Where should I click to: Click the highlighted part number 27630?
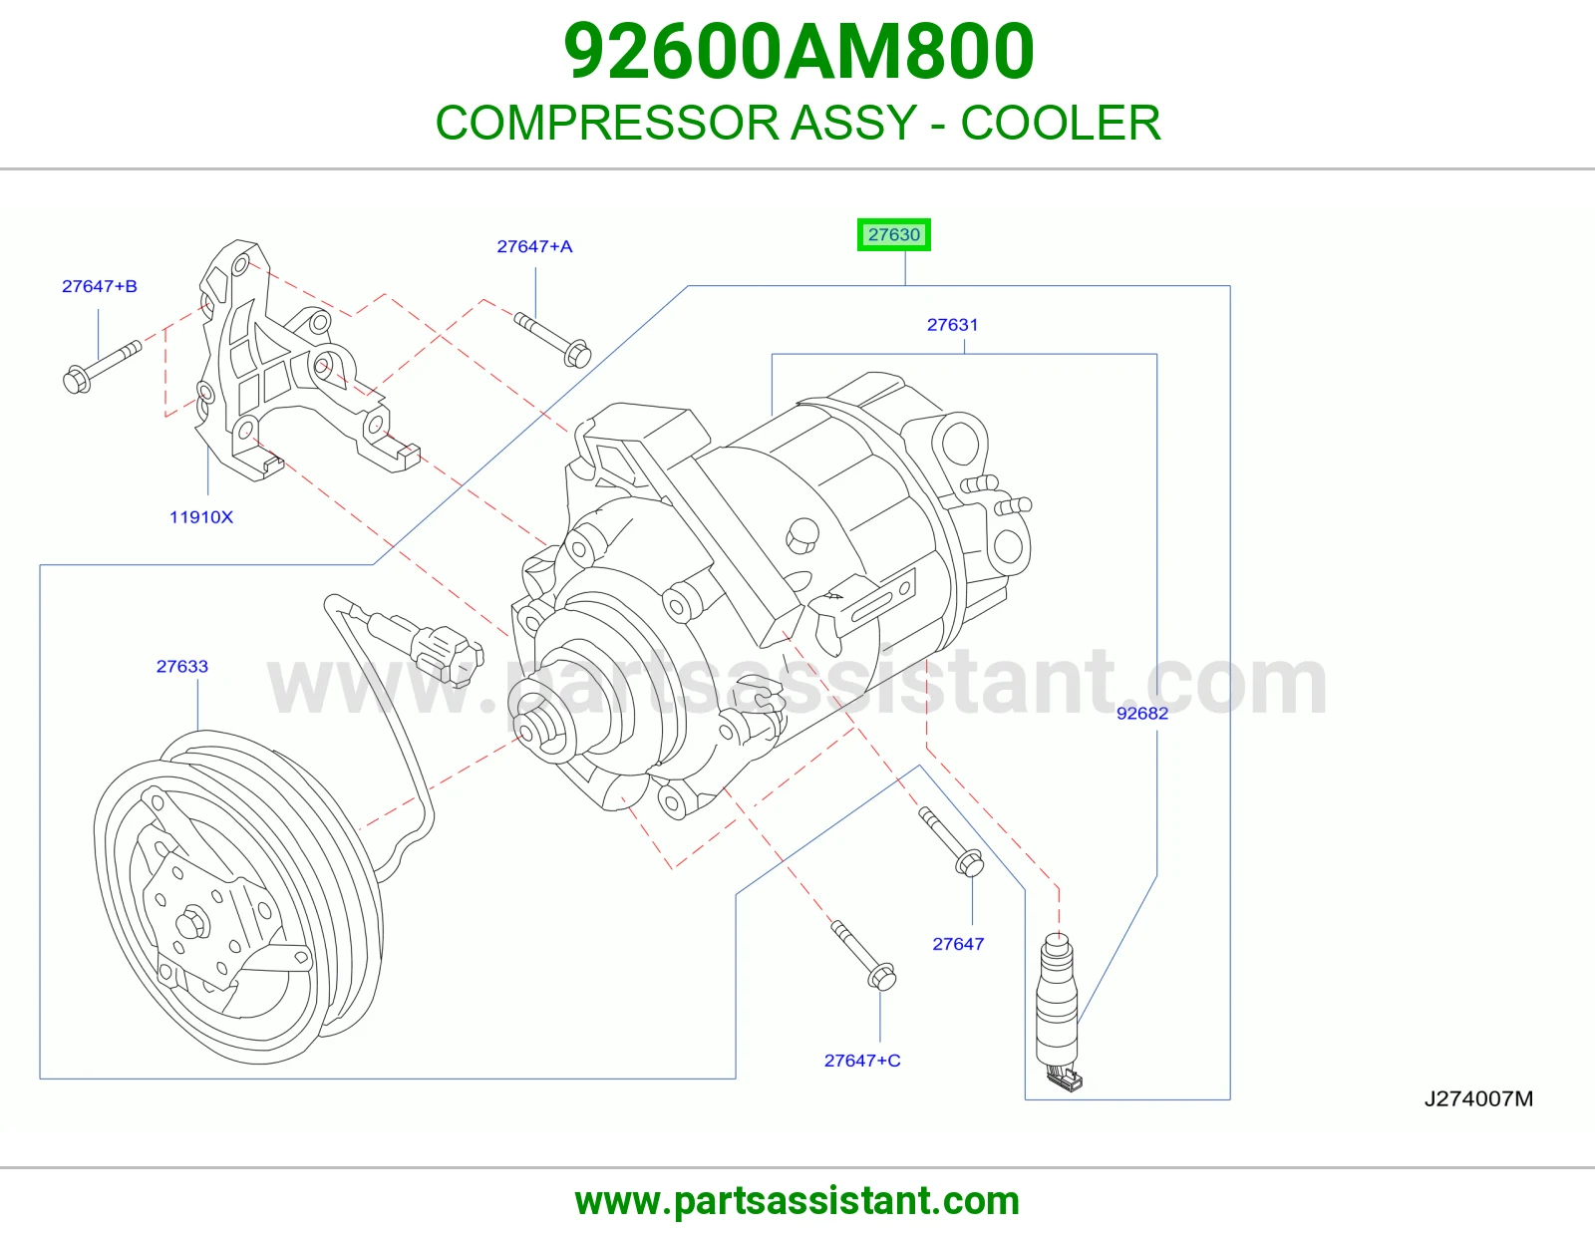coord(893,235)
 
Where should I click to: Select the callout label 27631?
coord(952,324)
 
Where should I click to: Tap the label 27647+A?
coord(534,246)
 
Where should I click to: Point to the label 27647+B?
coord(99,286)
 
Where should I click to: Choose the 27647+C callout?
coord(861,1061)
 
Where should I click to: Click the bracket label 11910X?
coord(201,517)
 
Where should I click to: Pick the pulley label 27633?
coord(182,667)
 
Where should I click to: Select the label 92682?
coord(1142,714)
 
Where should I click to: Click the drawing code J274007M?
coord(1478,1098)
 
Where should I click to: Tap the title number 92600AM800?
coord(798,51)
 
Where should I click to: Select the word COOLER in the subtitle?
coord(1061,123)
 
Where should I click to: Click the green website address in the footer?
coord(797,1201)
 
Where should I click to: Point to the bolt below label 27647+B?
coord(102,367)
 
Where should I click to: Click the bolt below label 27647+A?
coord(552,340)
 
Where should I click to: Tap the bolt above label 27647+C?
coord(863,956)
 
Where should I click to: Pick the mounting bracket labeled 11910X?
coord(297,360)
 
